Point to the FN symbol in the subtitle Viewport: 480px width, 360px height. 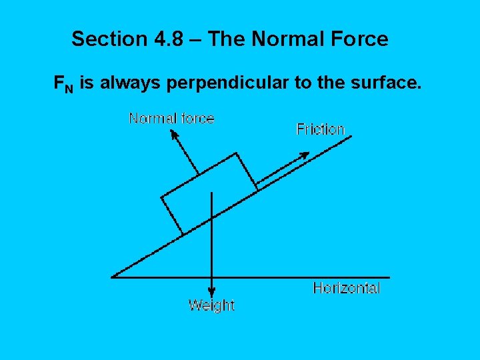(x=64, y=84)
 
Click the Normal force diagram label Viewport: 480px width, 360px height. (x=171, y=119)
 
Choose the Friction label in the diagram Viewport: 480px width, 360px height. (x=321, y=129)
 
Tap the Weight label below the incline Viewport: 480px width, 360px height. (x=211, y=305)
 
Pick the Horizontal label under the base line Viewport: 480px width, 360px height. (x=347, y=288)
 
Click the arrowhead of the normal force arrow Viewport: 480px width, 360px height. (x=175, y=134)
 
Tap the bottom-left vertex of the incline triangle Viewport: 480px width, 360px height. (x=113, y=277)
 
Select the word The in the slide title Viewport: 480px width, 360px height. (x=225, y=39)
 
